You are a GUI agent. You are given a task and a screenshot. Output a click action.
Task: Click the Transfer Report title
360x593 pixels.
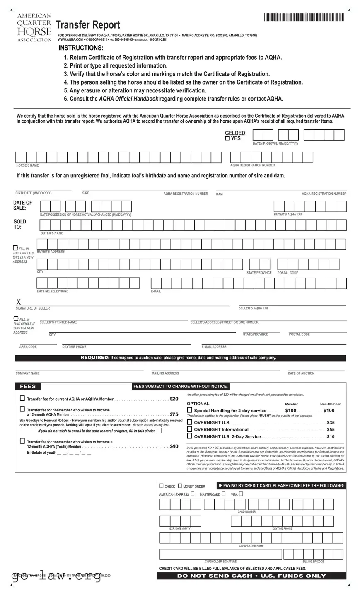click(x=87, y=25)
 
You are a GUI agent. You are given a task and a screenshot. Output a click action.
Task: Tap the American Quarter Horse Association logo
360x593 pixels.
click(x=34, y=28)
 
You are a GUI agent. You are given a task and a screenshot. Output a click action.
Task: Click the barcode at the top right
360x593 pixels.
click(x=304, y=17)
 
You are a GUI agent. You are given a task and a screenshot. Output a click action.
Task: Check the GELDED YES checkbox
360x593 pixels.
click(x=227, y=139)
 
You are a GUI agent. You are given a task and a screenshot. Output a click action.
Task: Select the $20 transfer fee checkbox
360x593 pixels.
click(x=22, y=399)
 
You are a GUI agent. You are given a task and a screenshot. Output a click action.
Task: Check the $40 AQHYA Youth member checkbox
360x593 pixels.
click(x=22, y=441)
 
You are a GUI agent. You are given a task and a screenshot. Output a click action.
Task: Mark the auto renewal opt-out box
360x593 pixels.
click(x=159, y=431)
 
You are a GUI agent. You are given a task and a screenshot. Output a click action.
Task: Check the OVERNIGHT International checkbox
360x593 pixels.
click(x=190, y=429)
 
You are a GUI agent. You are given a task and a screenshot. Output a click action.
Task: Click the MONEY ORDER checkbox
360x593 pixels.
click(x=179, y=486)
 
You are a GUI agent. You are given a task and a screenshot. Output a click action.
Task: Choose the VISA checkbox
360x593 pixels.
click(x=241, y=494)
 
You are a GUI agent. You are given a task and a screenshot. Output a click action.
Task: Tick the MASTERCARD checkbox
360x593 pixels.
click(x=224, y=494)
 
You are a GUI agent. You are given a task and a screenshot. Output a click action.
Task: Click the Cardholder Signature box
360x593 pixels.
click(x=220, y=554)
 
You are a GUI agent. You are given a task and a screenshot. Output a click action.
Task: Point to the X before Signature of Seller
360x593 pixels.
click(x=19, y=302)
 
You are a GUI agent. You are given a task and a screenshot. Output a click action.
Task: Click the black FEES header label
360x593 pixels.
click(x=28, y=387)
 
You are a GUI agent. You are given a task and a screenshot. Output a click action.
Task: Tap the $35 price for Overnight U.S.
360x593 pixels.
click(x=331, y=423)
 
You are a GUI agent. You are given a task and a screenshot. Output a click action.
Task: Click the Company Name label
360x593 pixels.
click(x=28, y=373)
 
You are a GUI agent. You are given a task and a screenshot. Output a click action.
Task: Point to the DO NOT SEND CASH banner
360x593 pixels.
click(x=251, y=576)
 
